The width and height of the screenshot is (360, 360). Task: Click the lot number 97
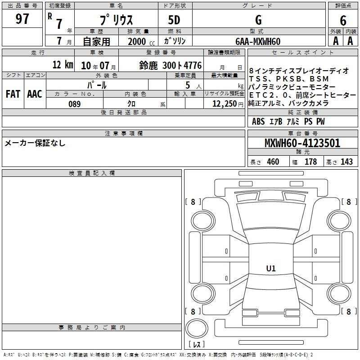(x=22, y=18)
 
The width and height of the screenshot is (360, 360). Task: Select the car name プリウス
(x=116, y=20)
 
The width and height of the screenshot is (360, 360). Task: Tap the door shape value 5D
(x=174, y=20)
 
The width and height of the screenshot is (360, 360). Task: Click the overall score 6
(x=343, y=20)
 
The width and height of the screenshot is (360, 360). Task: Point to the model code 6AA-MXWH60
(x=258, y=41)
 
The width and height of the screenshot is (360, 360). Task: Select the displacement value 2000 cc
(x=141, y=41)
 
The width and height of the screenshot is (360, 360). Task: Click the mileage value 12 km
(x=63, y=64)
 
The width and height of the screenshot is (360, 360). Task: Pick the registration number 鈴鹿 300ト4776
(x=171, y=65)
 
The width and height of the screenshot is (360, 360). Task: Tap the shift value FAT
(x=13, y=94)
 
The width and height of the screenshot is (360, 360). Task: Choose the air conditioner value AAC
(x=35, y=94)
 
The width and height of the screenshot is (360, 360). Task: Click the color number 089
(x=74, y=104)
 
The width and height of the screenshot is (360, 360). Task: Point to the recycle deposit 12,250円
(x=228, y=104)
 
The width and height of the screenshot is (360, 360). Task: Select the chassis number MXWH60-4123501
(x=302, y=143)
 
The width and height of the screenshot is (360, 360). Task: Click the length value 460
(x=273, y=162)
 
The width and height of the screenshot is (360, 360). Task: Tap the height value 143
(x=346, y=162)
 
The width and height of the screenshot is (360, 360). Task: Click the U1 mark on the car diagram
(x=271, y=268)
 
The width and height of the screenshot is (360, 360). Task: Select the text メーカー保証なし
(x=35, y=143)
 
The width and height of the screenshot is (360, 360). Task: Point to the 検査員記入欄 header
(x=92, y=173)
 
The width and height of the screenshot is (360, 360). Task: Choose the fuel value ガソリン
(x=175, y=41)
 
